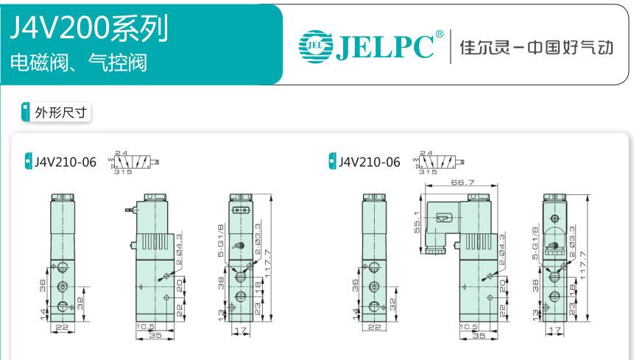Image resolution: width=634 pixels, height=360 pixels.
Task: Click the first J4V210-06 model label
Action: (65, 162)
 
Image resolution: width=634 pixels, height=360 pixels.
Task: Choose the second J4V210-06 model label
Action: (370, 162)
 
